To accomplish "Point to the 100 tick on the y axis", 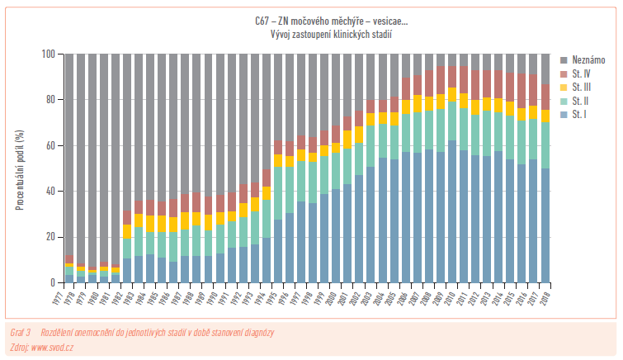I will pos(49,54).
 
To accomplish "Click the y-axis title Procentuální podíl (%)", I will pos(19,168).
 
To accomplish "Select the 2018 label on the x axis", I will pos(545,296).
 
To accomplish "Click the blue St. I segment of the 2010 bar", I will pos(452,215).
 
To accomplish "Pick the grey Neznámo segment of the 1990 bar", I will pos(220,124).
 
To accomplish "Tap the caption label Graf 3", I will pos(19,332).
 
